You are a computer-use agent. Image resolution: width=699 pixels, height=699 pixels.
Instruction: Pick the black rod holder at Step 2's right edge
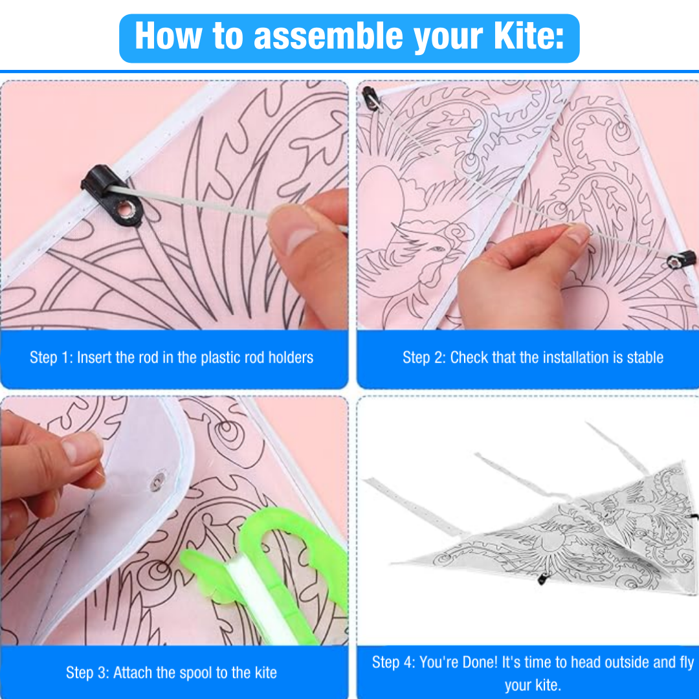(681, 260)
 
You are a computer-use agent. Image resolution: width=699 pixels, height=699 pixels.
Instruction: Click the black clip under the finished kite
(542, 579)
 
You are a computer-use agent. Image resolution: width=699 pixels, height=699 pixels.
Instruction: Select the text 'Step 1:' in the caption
(51, 357)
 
